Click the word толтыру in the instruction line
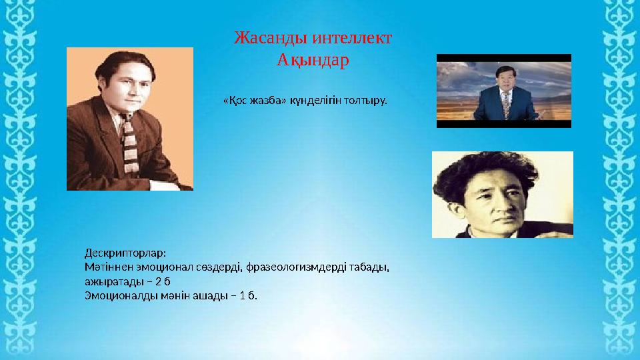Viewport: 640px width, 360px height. [362, 101]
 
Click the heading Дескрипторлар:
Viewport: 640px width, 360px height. [125, 253]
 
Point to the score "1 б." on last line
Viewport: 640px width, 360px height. [247, 295]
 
